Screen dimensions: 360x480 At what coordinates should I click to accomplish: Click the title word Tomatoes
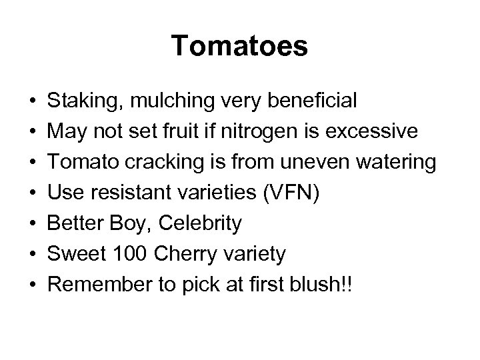[x=239, y=47]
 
